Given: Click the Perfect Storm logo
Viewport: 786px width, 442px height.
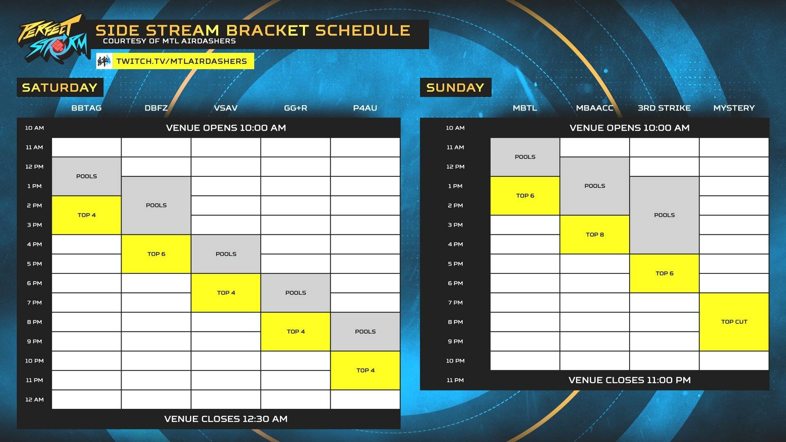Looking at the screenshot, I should coord(52,40).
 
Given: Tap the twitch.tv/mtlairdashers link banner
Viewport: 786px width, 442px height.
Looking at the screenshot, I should coord(175,61).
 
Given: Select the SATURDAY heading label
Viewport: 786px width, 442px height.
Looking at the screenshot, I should coord(60,88).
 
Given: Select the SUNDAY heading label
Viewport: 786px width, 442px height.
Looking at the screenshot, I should coord(455,88).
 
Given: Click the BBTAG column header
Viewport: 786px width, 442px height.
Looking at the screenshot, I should coord(86,108).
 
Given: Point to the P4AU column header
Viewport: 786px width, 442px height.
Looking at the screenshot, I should coord(365,108).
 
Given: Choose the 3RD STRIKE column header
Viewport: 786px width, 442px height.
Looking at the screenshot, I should coord(664,108).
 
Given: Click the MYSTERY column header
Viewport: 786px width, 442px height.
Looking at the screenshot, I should coord(734,108).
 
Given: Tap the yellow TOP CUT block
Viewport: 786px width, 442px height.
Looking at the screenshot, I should coord(734,322).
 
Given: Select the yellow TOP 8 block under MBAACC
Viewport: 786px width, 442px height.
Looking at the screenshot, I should coord(594,235).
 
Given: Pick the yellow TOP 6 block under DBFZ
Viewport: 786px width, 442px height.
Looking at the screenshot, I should coord(156,254).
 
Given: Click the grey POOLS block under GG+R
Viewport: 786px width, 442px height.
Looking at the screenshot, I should coord(296,293).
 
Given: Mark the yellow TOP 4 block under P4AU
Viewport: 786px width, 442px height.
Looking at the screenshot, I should coord(365,370).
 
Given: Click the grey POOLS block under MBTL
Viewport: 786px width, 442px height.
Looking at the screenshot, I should coord(525,157).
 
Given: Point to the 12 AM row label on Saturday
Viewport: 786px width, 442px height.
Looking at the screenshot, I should coord(34,399).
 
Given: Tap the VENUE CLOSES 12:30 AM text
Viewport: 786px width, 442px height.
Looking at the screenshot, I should coord(226,419).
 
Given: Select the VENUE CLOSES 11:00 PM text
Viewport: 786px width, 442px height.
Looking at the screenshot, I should coord(630,380).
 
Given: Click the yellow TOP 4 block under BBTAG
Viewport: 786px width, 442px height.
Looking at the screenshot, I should coord(86,215).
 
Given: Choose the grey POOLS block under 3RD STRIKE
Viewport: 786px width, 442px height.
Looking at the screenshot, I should coord(664,215).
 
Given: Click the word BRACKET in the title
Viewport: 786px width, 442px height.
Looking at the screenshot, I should coord(267,31).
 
